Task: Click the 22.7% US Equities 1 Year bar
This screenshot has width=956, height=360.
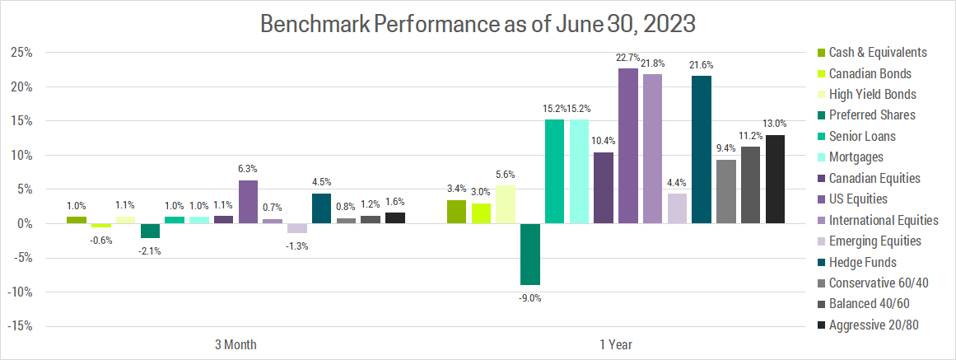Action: [x=628, y=146]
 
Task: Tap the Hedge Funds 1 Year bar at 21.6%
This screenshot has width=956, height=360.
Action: [x=702, y=149]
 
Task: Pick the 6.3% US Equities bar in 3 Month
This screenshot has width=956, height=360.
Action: [x=249, y=202]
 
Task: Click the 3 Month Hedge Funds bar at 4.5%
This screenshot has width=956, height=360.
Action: [x=322, y=208]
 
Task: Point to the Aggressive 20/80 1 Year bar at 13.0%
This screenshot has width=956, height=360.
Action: [x=775, y=179]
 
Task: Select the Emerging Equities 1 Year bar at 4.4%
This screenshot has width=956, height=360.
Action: [x=677, y=208]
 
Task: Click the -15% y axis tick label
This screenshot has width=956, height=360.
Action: [x=20, y=326]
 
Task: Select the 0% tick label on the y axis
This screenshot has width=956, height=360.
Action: [x=25, y=224]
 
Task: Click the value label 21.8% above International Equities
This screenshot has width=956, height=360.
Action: [x=653, y=64]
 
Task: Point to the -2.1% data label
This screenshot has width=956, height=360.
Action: [x=150, y=250]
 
